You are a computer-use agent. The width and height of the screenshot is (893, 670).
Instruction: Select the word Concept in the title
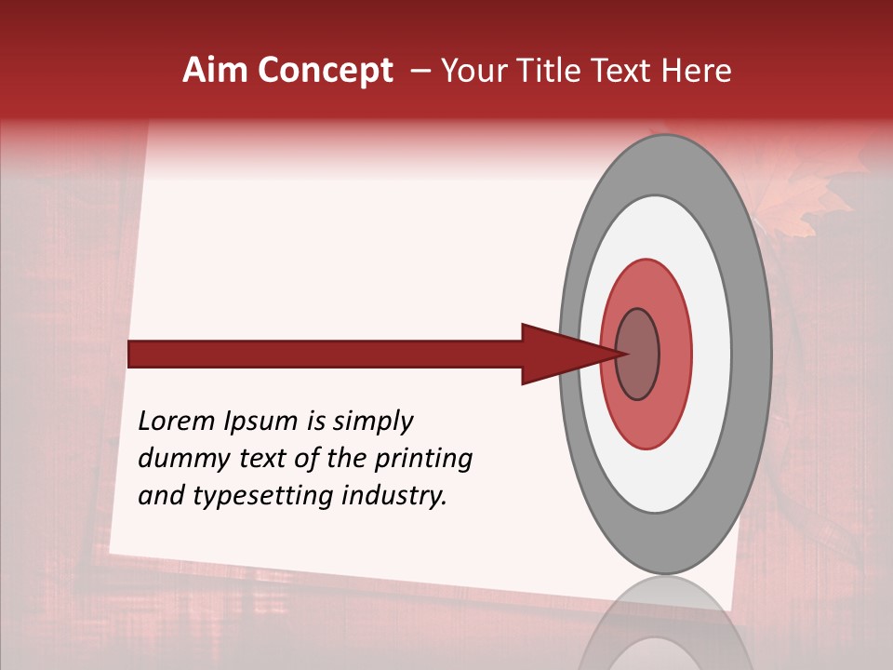[324, 71]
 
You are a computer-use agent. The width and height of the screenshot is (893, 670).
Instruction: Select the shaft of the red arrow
[326, 354]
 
